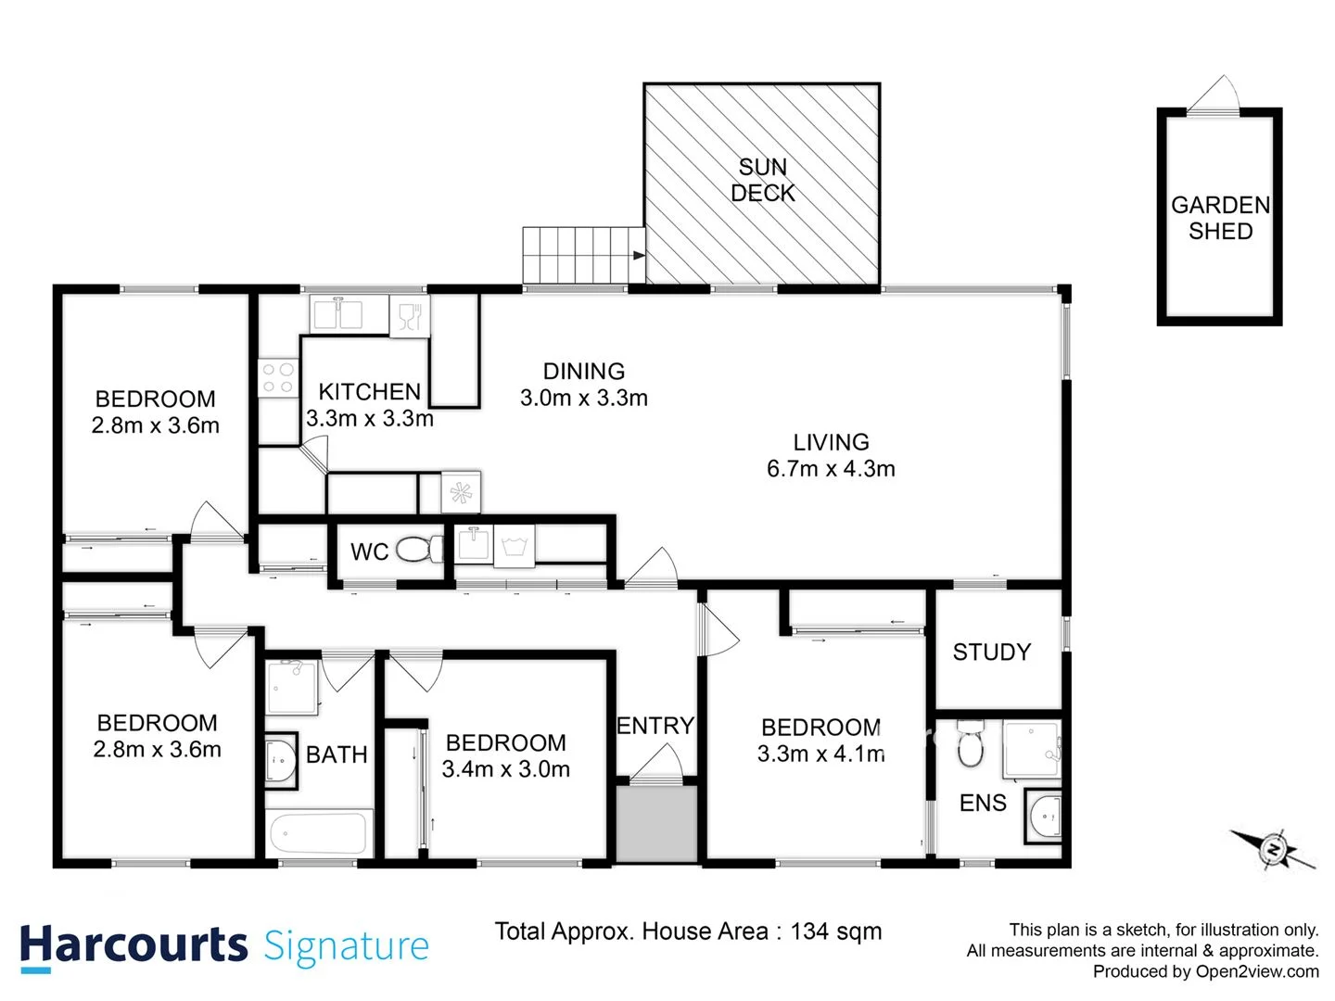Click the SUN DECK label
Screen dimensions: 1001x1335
click(762, 180)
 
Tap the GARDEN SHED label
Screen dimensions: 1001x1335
click(1220, 218)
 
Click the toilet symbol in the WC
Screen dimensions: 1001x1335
click(421, 550)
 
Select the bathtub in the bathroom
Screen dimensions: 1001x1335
click(319, 833)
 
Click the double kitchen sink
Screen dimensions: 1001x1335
click(337, 314)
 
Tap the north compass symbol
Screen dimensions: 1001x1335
click(1274, 848)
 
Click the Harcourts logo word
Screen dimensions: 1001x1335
click(133, 946)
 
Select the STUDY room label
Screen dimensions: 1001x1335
click(991, 653)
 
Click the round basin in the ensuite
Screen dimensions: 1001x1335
click(1046, 817)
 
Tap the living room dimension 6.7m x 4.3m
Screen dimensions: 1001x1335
click(831, 469)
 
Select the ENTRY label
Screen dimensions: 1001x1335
click(655, 726)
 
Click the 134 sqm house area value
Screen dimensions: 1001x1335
click(835, 931)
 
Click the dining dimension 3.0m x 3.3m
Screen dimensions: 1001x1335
click(583, 398)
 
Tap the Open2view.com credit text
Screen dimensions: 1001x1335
click(1256, 971)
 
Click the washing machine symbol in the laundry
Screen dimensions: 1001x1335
click(513, 546)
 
